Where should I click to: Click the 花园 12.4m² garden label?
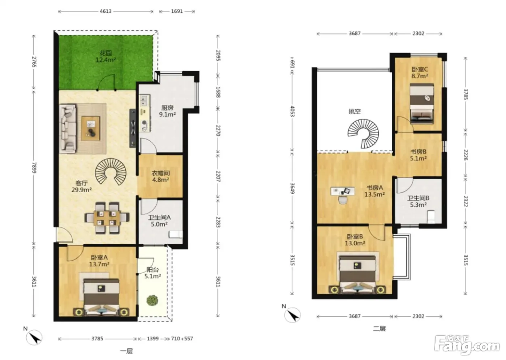[106, 57]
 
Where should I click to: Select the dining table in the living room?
[107, 218]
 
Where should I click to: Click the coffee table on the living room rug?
[90, 128]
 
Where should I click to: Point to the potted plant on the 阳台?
[152, 300]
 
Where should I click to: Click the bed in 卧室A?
[101, 297]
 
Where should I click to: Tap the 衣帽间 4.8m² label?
[160, 177]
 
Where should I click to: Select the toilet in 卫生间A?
[176, 234]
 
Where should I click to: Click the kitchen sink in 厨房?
[144, 101]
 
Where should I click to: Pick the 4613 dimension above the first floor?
[106, 11]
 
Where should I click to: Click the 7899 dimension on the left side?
[34, 168]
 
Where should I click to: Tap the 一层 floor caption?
[126, 351]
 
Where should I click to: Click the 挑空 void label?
[355, 112]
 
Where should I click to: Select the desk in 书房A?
[343, 191]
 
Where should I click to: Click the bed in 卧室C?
[422, 104]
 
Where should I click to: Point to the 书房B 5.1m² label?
[419, 155]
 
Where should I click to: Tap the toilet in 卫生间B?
[431, 217]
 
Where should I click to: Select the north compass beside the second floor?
[292, 315]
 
